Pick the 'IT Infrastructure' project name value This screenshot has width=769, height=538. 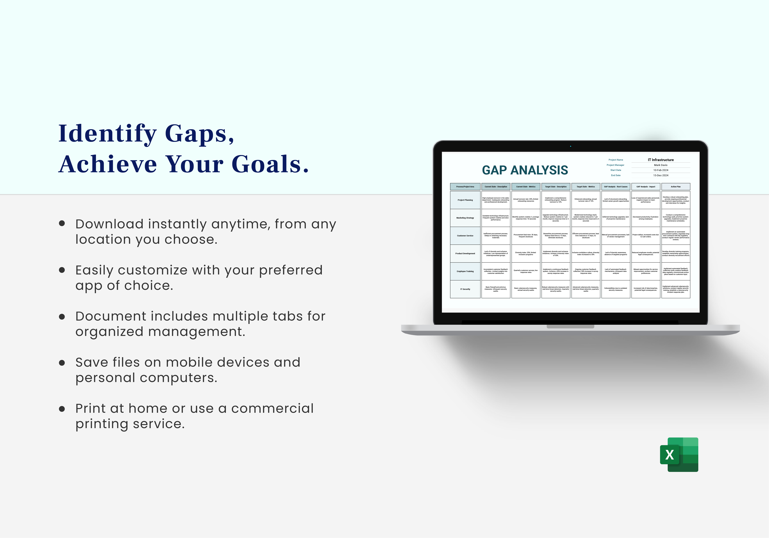tap(660, 160)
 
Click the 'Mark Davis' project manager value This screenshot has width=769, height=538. tap(660, 165)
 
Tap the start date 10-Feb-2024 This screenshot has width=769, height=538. tap(660, 170)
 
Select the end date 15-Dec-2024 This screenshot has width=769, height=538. tap(660, 175)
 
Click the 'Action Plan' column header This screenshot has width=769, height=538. tap(676, 186)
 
